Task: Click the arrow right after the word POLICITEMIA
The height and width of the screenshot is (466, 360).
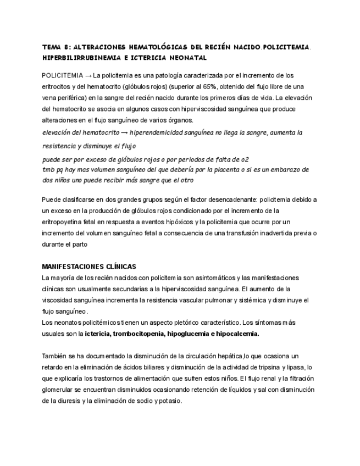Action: click(88, 75)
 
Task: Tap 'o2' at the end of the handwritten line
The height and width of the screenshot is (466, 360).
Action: click(245, 160)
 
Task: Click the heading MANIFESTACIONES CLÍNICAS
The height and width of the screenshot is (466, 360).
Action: click(89, 267)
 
